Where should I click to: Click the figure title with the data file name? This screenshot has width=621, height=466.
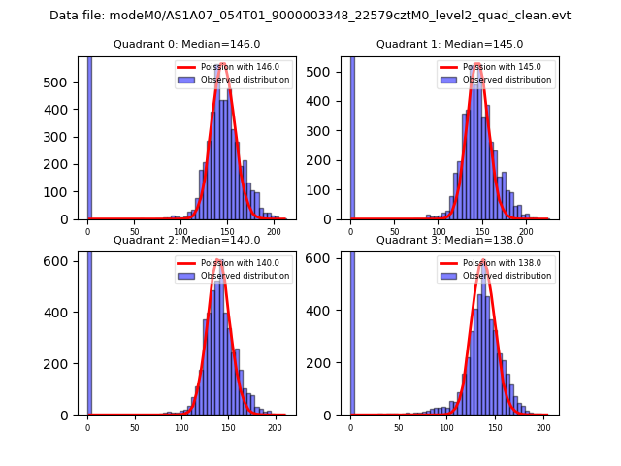click(x=310, y=16)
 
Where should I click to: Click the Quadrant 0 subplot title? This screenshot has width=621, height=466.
click(x=186, y=44)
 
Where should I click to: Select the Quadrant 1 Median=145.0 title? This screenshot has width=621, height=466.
click(x=449, y=44)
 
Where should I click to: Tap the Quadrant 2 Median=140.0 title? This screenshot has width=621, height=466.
click(x=186, y=240)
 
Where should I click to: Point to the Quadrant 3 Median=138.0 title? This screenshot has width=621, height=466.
click(x=449, y=240)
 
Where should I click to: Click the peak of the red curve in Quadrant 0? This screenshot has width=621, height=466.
click(x=223, y=64)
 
